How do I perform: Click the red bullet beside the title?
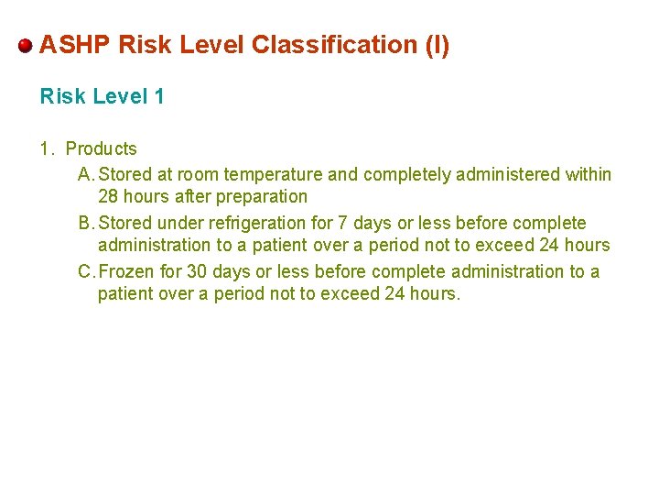[26, 45]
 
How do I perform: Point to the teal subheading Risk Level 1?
[102, 96]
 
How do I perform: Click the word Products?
[101, 148]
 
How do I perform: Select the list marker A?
[85, 174]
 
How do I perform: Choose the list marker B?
[85, 223]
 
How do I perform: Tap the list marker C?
[85, 271]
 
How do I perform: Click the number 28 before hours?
[109, 196]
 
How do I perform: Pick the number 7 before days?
[343, 223]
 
